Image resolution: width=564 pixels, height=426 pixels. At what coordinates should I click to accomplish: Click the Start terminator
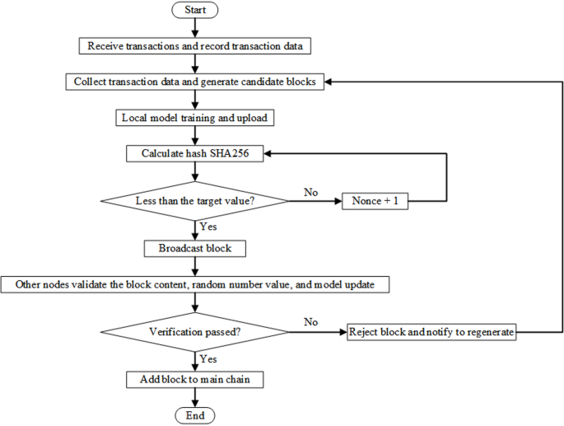(195, 11)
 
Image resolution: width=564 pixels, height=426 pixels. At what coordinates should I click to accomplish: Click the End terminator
(195, 415)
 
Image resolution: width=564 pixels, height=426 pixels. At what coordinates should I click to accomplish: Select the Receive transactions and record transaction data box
(195, 46)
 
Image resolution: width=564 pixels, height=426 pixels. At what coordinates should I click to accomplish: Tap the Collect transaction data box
(195, 82)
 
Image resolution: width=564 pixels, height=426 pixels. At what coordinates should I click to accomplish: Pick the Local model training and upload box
(195, 118)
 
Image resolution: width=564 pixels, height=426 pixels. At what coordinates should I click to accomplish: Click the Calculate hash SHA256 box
(195, 153)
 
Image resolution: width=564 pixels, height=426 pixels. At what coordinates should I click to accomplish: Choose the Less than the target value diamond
(195, 200)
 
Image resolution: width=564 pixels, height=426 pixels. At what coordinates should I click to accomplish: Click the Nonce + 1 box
(375, 200)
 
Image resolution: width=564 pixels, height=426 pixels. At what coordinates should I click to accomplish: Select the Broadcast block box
(195, 247)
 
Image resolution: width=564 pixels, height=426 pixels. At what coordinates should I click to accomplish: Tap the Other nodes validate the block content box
(195, 284)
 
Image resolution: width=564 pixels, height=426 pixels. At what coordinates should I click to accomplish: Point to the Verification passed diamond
(195, 333)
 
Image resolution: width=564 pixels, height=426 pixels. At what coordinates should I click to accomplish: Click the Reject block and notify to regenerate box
(432, 333)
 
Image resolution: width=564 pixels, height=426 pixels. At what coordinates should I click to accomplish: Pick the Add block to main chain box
(195, 380)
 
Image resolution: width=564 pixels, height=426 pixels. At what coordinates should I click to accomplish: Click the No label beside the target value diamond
(310, 191)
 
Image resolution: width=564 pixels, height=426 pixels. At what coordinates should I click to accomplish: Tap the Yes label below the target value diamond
(208, 226)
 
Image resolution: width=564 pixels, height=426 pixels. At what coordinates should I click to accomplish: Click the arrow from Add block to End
(195, 397)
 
